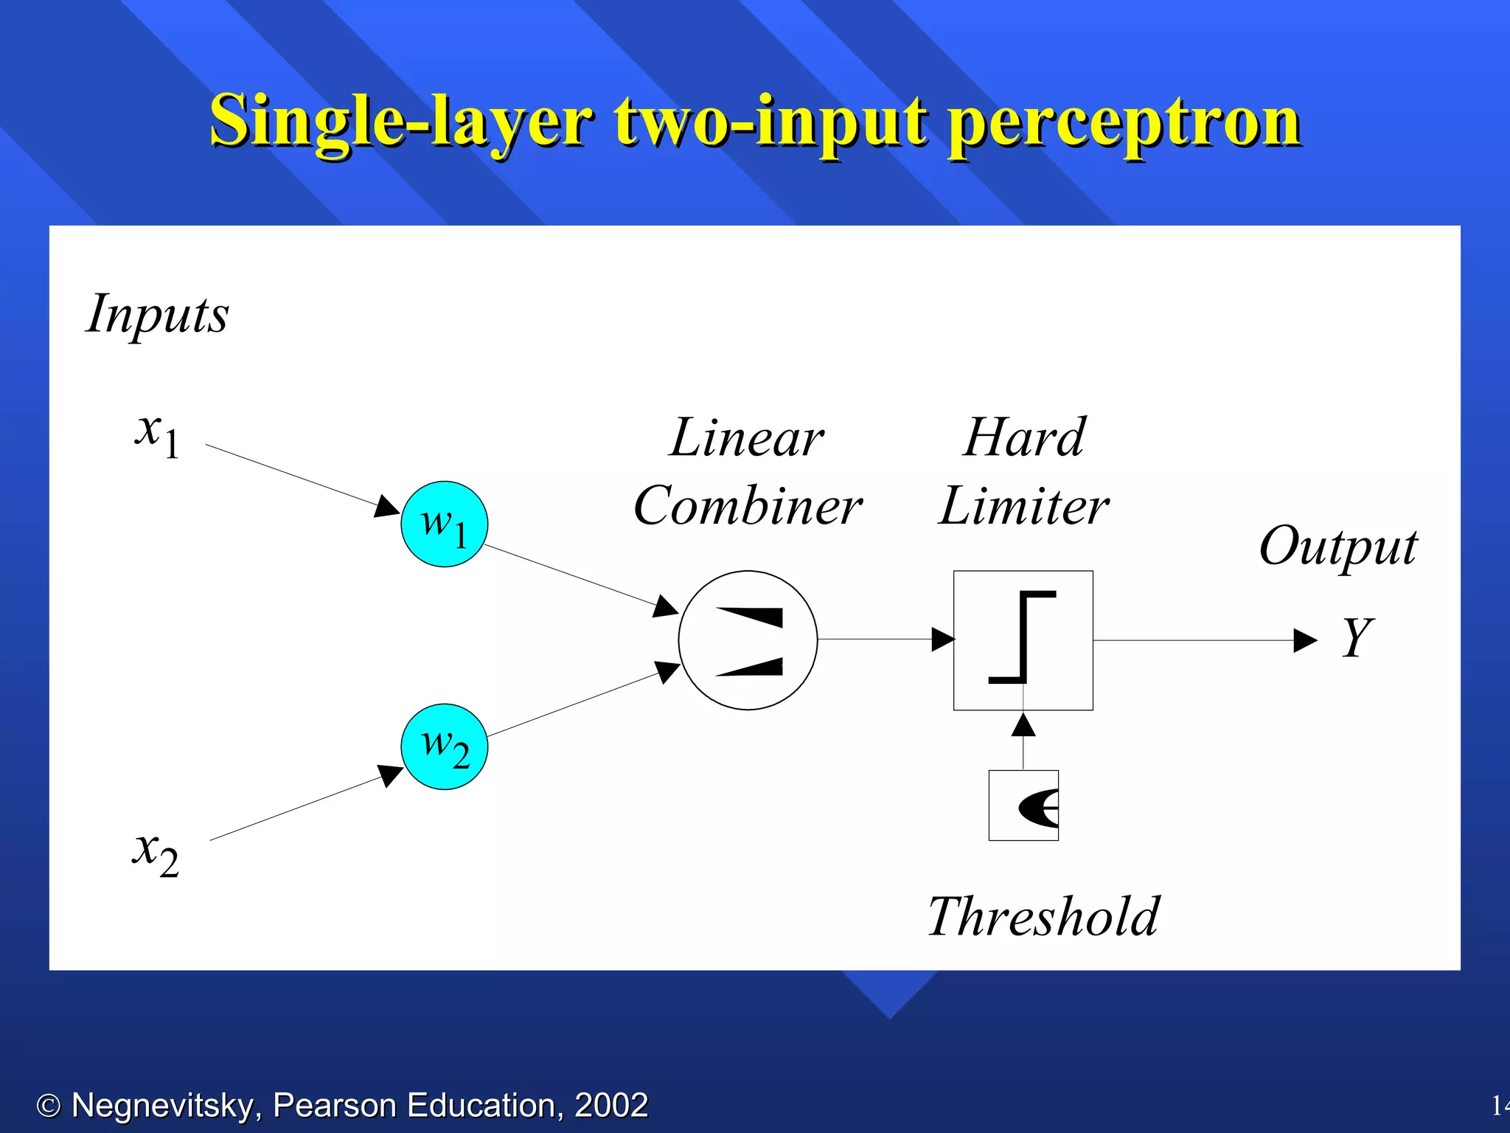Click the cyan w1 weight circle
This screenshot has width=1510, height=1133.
click(444, 524)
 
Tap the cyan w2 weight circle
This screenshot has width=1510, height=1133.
click(444, 746)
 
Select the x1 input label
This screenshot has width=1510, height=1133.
click(157, 435)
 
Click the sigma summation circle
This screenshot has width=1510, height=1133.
click(748, 640)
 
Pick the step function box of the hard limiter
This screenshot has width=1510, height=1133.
click(1023, 640)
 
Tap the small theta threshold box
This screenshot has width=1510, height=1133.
click(1023, 805)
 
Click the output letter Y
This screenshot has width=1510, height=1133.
click(1357, 637)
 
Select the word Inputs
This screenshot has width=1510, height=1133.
click(157, 315)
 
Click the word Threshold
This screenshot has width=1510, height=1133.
click(1043, 917)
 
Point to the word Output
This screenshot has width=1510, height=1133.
click(1337, 547)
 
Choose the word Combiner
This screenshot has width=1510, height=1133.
click(748, 507)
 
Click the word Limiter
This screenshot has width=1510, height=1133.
click(1023, 507)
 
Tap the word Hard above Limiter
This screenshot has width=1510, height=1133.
click(1023, 437)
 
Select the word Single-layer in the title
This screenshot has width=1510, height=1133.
click(400, 122)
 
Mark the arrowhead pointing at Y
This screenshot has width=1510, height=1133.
click(1305, 640)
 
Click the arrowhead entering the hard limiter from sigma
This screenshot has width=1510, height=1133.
click(943, 640)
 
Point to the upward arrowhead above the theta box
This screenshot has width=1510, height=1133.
click(1023, 726)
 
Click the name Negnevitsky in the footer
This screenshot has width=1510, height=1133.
click(167, 1105)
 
